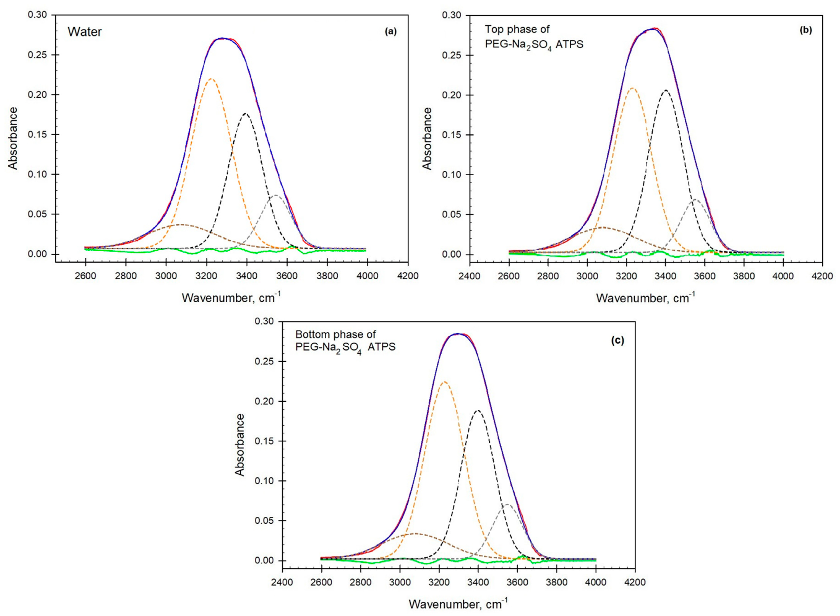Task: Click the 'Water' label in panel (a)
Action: pos(85,32)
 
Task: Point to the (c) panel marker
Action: pos(617,340)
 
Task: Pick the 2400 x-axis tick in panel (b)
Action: pos(470,276)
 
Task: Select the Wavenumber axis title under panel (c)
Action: pos(458,604)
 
